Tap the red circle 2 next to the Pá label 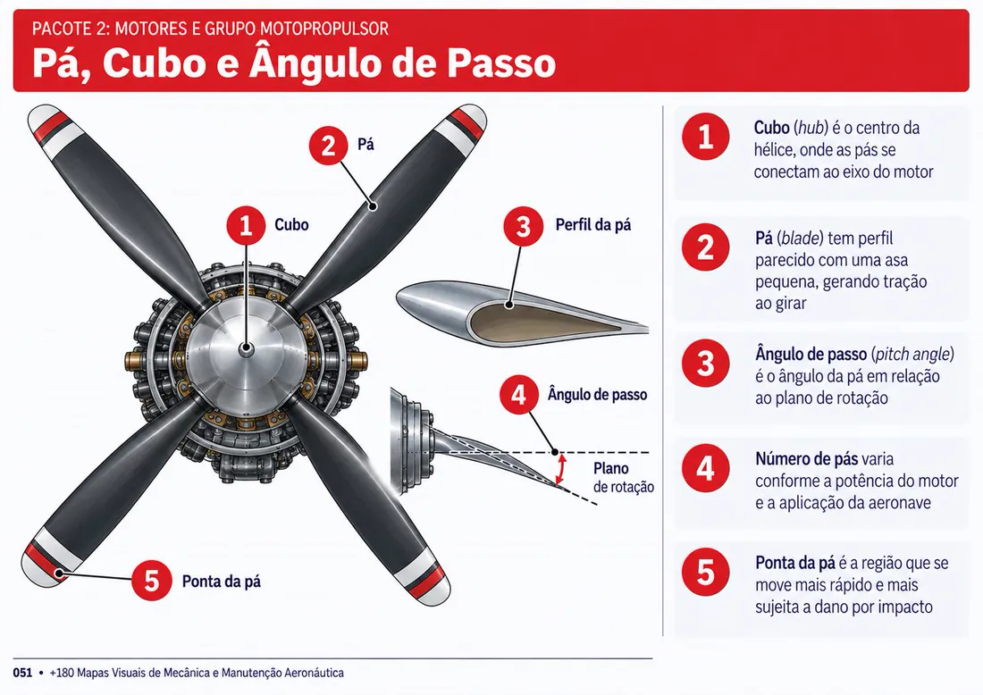pyautogui.click(x=329, y=146)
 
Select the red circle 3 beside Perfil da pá pyautogui.click(x=523, y=226)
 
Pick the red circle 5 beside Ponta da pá pyautogui.click(x=152, y=581)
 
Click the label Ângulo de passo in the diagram pyautogui.click(x=597, y=395)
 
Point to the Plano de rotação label pyautogui.click(x=623, y=478)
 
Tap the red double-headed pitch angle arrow pyautogui.click(x=562, y=469)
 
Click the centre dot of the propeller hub pyautogui.click(x=246, y=347)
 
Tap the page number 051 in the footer pyautogui.click(x=22, y=673)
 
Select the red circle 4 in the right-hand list pyautogui.click(x=706, y=468)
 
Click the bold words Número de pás pyautogui.click(x=806, y=459)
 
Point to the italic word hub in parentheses pyautogui.click(x=810, y=128)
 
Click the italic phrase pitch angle pyautogui.click(x=912, y=355)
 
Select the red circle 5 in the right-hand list pyautogui.click(x=706, y=572)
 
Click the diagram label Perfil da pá pyautogui.click(x=593, y=225)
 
